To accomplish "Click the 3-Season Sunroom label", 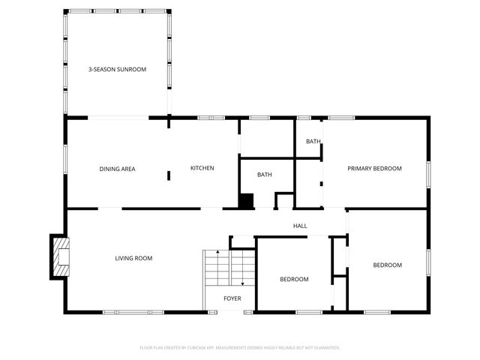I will click(117, 69).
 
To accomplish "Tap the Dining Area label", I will click(117, 169).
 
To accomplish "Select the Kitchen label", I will click(202, 168).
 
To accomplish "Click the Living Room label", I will click(133, 259).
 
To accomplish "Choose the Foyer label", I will click(232, 298).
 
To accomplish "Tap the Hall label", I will click(300, 226).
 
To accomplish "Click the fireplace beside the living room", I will click(59, 256).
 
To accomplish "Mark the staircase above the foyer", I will click(229, 267).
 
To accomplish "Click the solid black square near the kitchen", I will click(245, 201).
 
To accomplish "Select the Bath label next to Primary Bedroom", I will click(313, 142).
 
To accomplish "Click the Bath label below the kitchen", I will click(265, 175).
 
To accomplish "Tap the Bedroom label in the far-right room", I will click(388, 265).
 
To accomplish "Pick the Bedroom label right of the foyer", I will click(294, 279).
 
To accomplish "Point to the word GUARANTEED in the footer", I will click(324, 348).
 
